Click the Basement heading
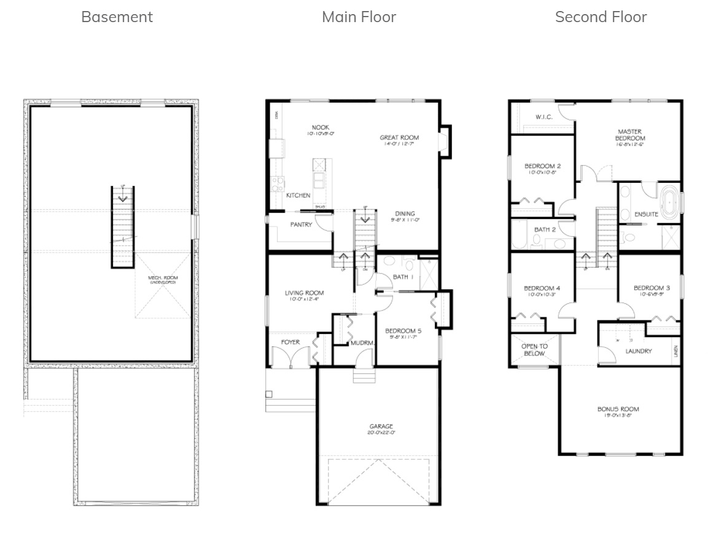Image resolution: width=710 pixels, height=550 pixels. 117,17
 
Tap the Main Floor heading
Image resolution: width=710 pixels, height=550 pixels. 359,17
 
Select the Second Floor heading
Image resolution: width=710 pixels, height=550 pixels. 601,17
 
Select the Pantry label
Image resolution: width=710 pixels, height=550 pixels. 301,225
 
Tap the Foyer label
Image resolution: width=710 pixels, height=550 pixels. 291,342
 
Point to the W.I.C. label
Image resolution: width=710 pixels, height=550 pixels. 545,117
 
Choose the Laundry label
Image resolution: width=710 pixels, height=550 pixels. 638,351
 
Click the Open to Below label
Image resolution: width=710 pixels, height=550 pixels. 534,350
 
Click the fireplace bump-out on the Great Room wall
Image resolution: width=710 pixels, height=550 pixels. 445,142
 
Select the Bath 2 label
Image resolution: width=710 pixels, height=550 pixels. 545,230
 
